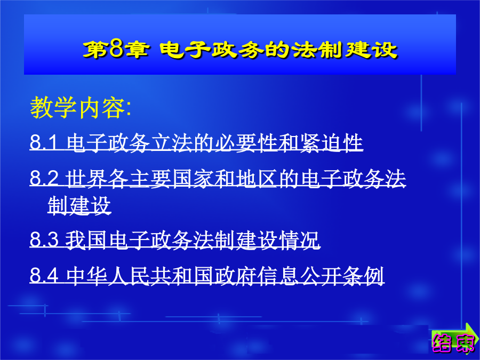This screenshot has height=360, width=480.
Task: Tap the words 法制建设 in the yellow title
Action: coord(345,50)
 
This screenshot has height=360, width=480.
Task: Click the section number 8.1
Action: coord(44,142)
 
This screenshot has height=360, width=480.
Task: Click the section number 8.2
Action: coord(44,178)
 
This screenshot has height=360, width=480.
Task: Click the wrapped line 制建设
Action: coord(79,205)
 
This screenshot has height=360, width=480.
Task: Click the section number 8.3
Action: coord(44,239)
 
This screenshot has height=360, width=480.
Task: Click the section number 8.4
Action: coord(44,275)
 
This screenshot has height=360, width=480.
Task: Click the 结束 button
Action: coord(453,343)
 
